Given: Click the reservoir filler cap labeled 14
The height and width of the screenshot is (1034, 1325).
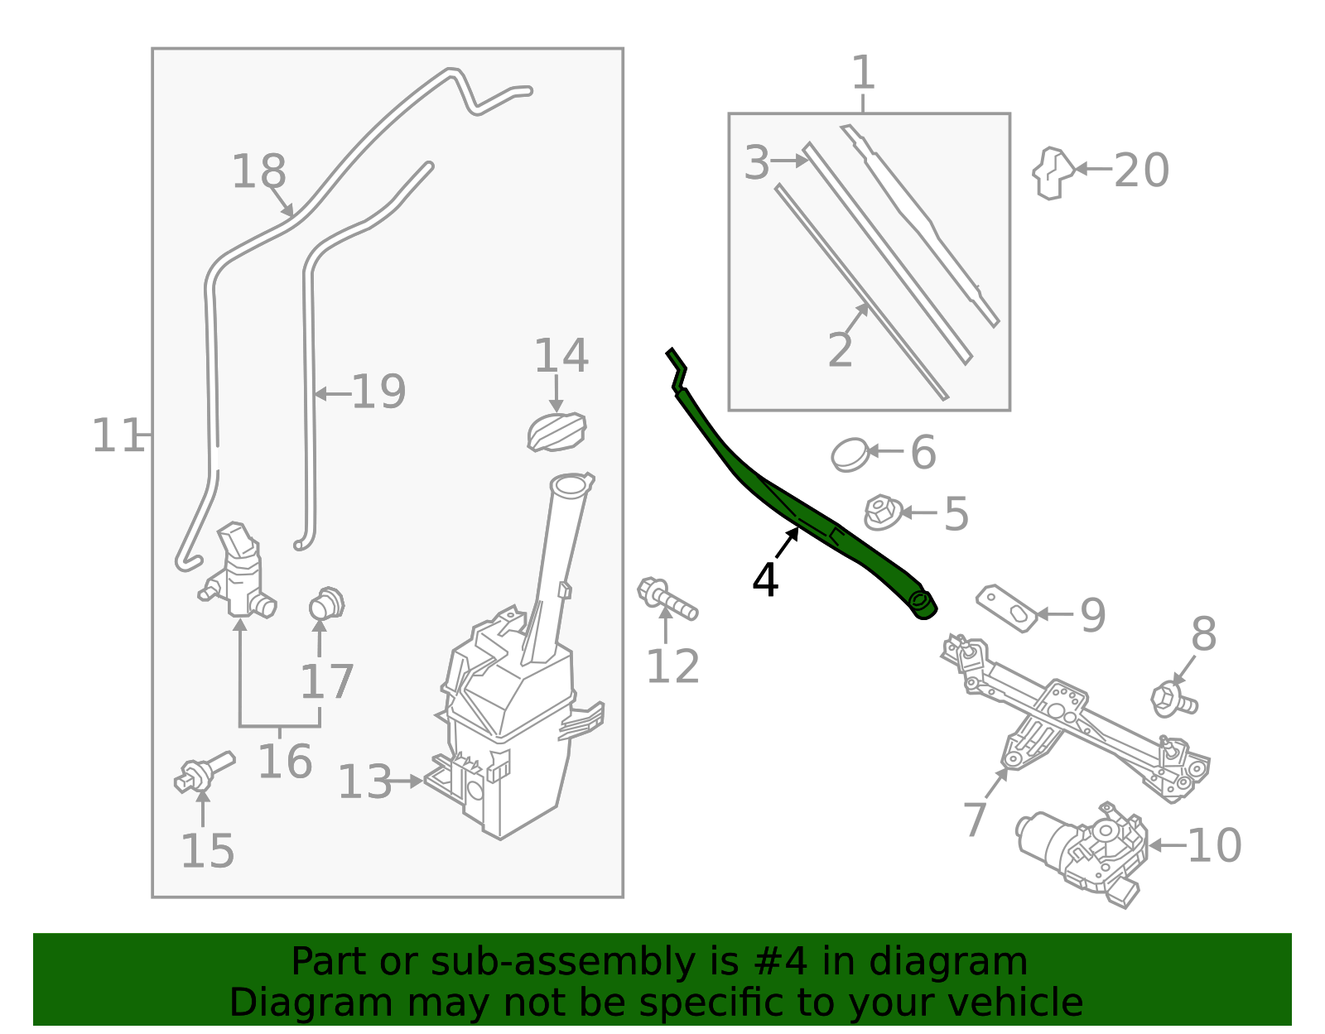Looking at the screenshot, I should click(x=556, y=432).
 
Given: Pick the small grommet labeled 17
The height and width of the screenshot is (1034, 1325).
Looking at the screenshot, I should click(x=326, y=604).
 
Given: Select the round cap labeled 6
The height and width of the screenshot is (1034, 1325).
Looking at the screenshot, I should click(x=850, y=454).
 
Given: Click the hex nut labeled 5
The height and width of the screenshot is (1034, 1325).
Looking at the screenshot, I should click(x=883, y=513).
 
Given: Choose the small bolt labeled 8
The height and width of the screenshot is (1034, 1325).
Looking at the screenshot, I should click(x=1173, y=700).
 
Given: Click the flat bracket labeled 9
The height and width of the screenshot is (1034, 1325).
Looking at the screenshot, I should click(x=1006, y=608).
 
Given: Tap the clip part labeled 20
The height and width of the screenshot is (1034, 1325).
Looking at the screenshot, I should click(x=1053, y=172).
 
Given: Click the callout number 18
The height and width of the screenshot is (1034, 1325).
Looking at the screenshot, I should click(x=258, y=172).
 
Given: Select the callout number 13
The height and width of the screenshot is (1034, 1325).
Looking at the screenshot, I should click(x=364, y=782).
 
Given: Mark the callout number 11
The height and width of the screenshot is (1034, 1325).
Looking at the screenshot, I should click(x=117, y=435).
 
